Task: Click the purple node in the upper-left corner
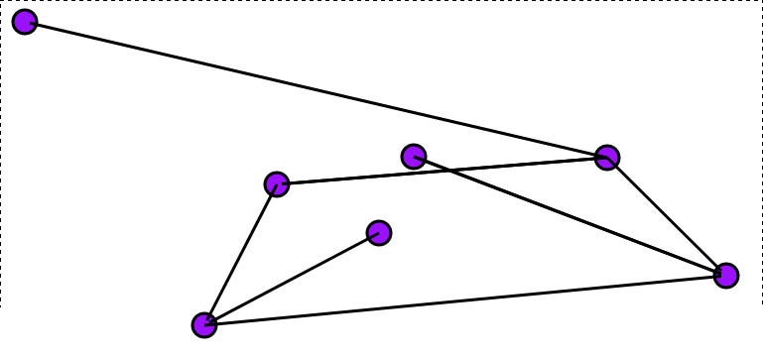coord(25,21)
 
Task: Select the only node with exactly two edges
coord(277,183)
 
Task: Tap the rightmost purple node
coord(726,275)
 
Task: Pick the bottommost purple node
coord(204,324)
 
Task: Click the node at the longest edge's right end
coord(607,157)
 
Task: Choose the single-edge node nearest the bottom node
coord(378,232)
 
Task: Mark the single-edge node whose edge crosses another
coord(414,156)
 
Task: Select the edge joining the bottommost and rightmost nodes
coord(465,300)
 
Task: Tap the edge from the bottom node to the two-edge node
coord(240,254)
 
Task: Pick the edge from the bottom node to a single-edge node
coord(292,279)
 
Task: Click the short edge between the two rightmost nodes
coord(667,216)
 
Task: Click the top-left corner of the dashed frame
coord(1,1)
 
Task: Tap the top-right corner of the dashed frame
coord(761,1)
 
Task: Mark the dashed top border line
coord(397,1)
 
